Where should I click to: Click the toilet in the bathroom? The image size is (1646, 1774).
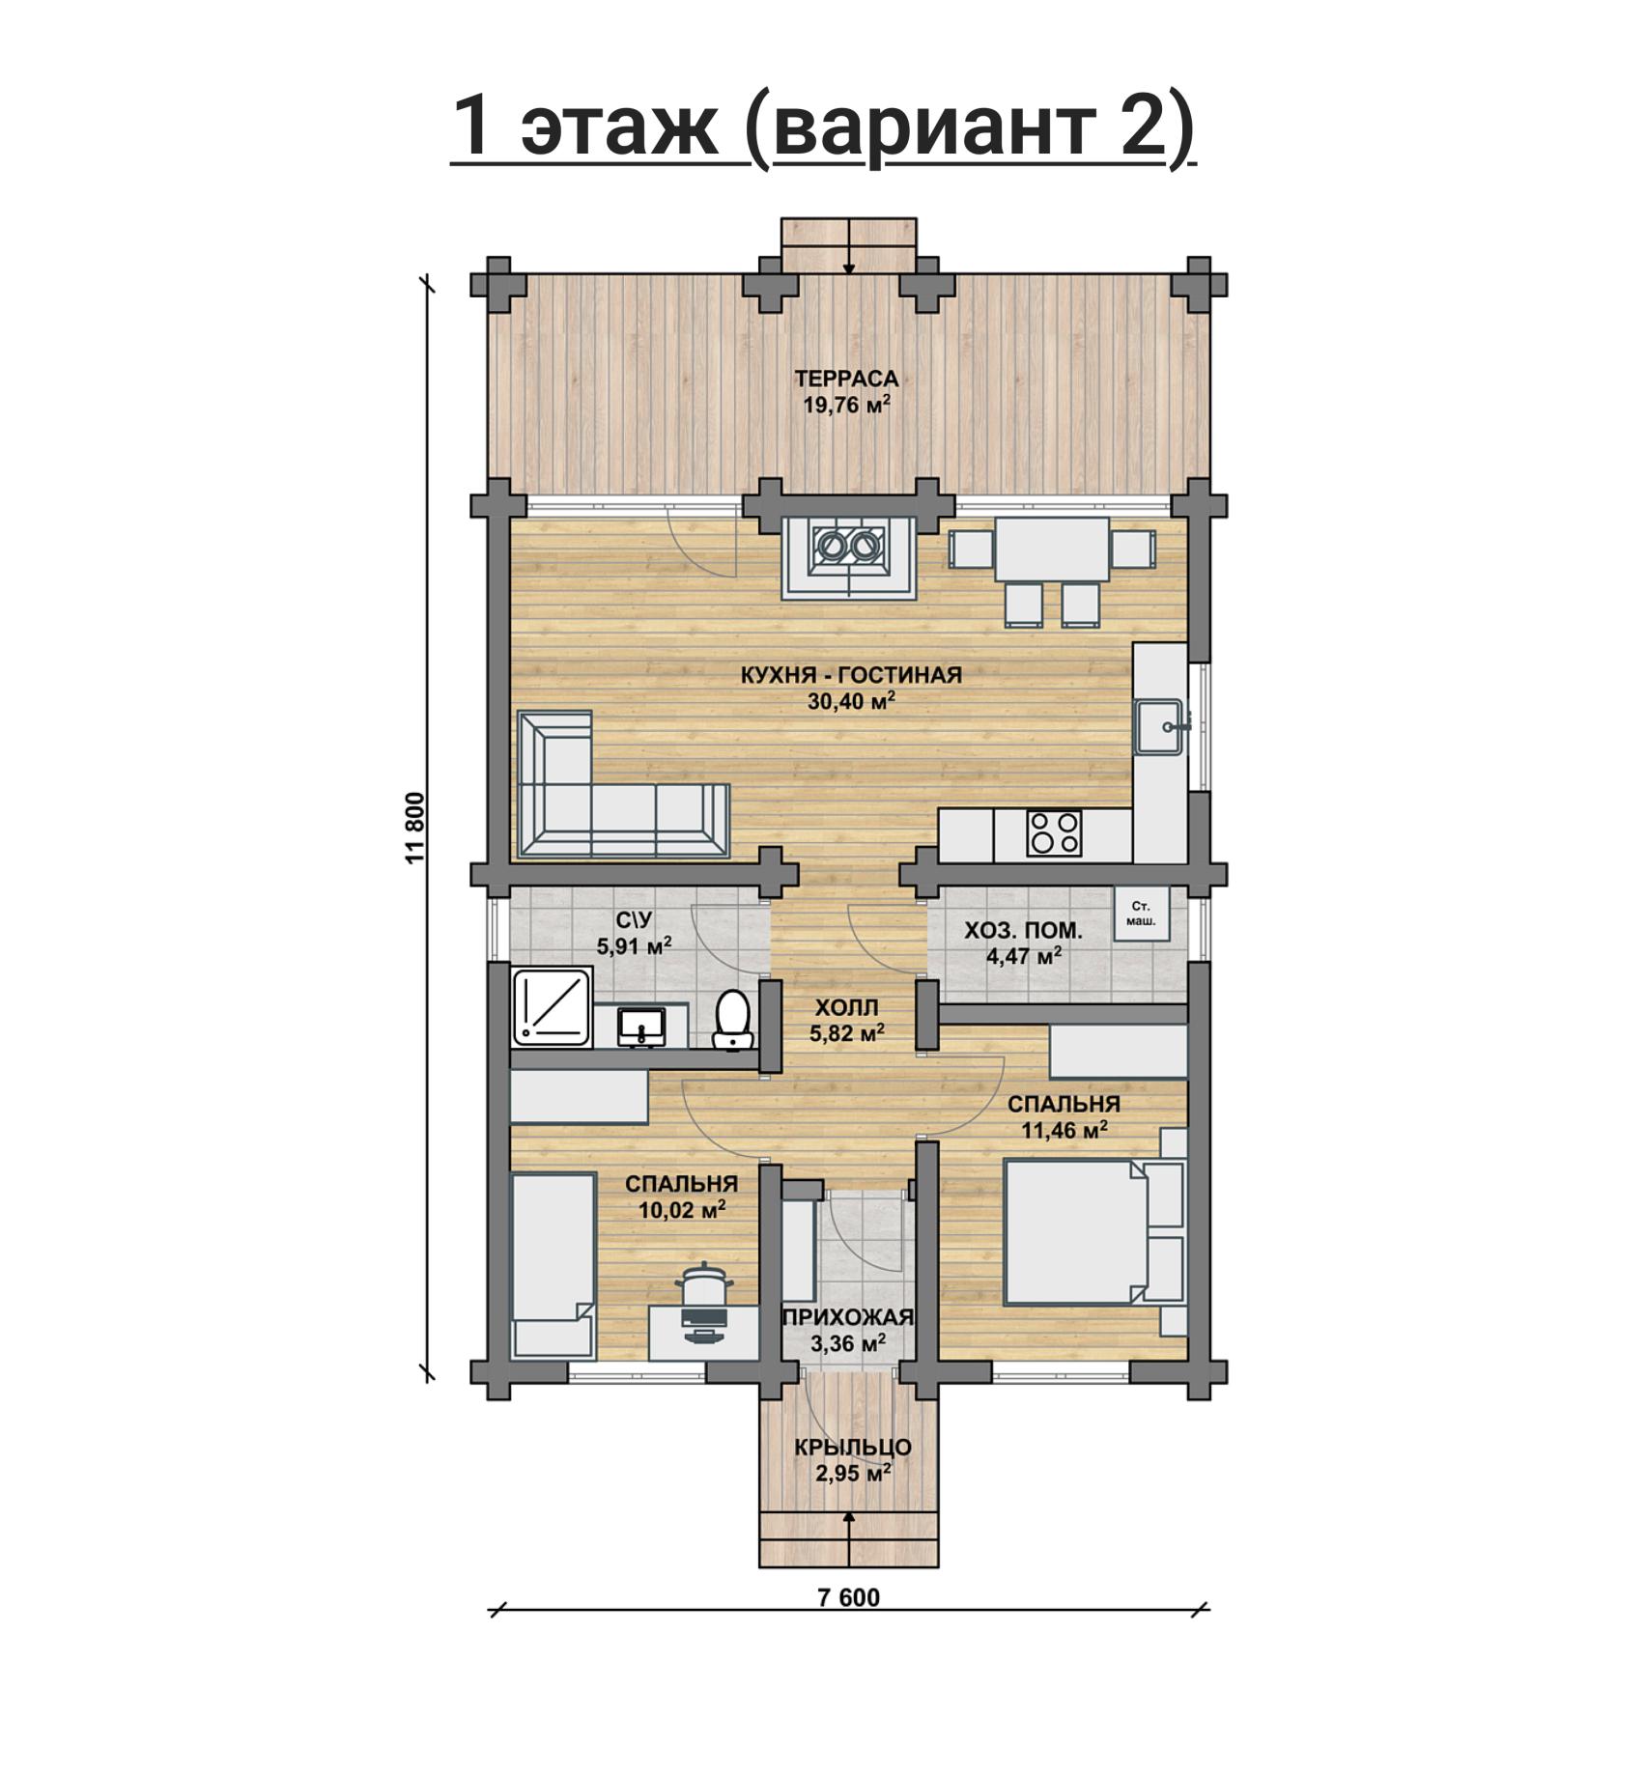(x=733, y=1020)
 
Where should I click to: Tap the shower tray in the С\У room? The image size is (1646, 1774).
(x=552, y=1007)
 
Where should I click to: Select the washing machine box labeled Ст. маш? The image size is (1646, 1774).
(x=1141, y=913)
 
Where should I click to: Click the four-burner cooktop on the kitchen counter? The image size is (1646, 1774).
(x=1054, y=832)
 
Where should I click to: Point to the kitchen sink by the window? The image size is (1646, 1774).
(x=1159, y=727)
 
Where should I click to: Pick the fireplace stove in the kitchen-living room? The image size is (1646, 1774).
(x=849, y=558)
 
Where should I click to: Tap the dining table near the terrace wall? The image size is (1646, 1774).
(x=1052, y=549)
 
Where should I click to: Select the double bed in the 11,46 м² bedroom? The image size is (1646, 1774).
(x=1094, y=1232)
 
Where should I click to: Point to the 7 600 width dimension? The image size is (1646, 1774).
(x=849, y=1597)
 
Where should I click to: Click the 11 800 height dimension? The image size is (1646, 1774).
(x=415, y=828)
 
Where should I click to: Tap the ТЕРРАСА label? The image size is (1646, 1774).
(x=846, y=379)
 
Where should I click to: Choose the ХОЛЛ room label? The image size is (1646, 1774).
(x=846, y=1007)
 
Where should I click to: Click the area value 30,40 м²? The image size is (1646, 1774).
(x=851, y=700)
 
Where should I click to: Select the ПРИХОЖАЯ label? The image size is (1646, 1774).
(x=847, y=1317)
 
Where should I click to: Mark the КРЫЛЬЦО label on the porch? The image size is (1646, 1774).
(x=853, y=1448)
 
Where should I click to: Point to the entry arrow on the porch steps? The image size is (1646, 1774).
(x=849, y=1537)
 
